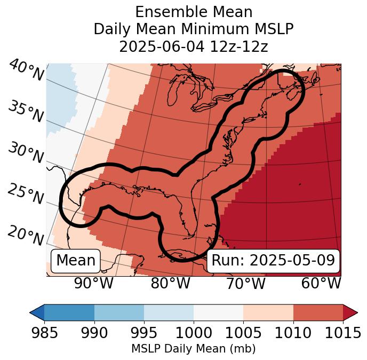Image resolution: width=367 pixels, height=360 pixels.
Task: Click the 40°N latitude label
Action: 26,71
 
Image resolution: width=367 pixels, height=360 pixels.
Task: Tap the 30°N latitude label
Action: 26,153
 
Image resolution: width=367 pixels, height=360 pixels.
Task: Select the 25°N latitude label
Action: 26,194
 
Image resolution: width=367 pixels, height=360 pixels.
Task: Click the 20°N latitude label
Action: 26,235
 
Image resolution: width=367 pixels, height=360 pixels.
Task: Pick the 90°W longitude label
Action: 93,284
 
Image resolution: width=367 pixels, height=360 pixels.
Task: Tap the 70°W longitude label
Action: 245,284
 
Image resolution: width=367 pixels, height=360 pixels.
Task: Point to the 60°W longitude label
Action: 321,284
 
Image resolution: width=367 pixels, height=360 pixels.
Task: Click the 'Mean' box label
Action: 76,261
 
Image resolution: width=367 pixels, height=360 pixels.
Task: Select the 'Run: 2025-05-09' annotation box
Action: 273,261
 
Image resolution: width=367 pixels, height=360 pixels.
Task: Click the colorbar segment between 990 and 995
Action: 119,312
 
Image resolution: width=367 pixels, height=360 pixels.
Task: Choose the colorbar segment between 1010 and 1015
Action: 318,312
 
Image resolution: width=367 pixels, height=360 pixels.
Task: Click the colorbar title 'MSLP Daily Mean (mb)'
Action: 193,349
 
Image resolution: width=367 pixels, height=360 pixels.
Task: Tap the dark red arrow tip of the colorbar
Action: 350,312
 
